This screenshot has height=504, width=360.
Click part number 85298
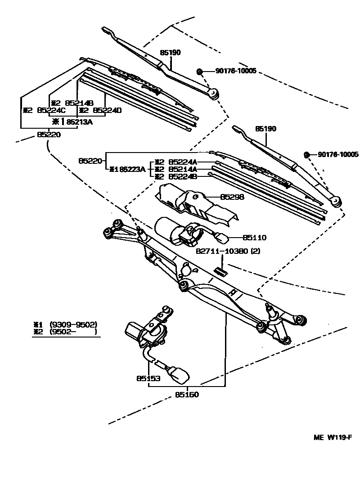pyautogui.click(x=231, y=197)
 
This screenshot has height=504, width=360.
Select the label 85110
pyautogui.click(x=255, y=237)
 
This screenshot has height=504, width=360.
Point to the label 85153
pyautogui.click(x=148, y=378)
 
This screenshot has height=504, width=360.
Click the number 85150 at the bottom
pyautogui.click(x=187, y=395)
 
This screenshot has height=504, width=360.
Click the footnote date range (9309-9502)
pyautogui.click(x=74, y=324)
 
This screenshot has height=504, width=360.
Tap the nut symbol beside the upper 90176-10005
pyautogui.click(x=200, y=72)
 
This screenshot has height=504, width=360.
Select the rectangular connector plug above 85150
pyautogui.click(x=179, y=373)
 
